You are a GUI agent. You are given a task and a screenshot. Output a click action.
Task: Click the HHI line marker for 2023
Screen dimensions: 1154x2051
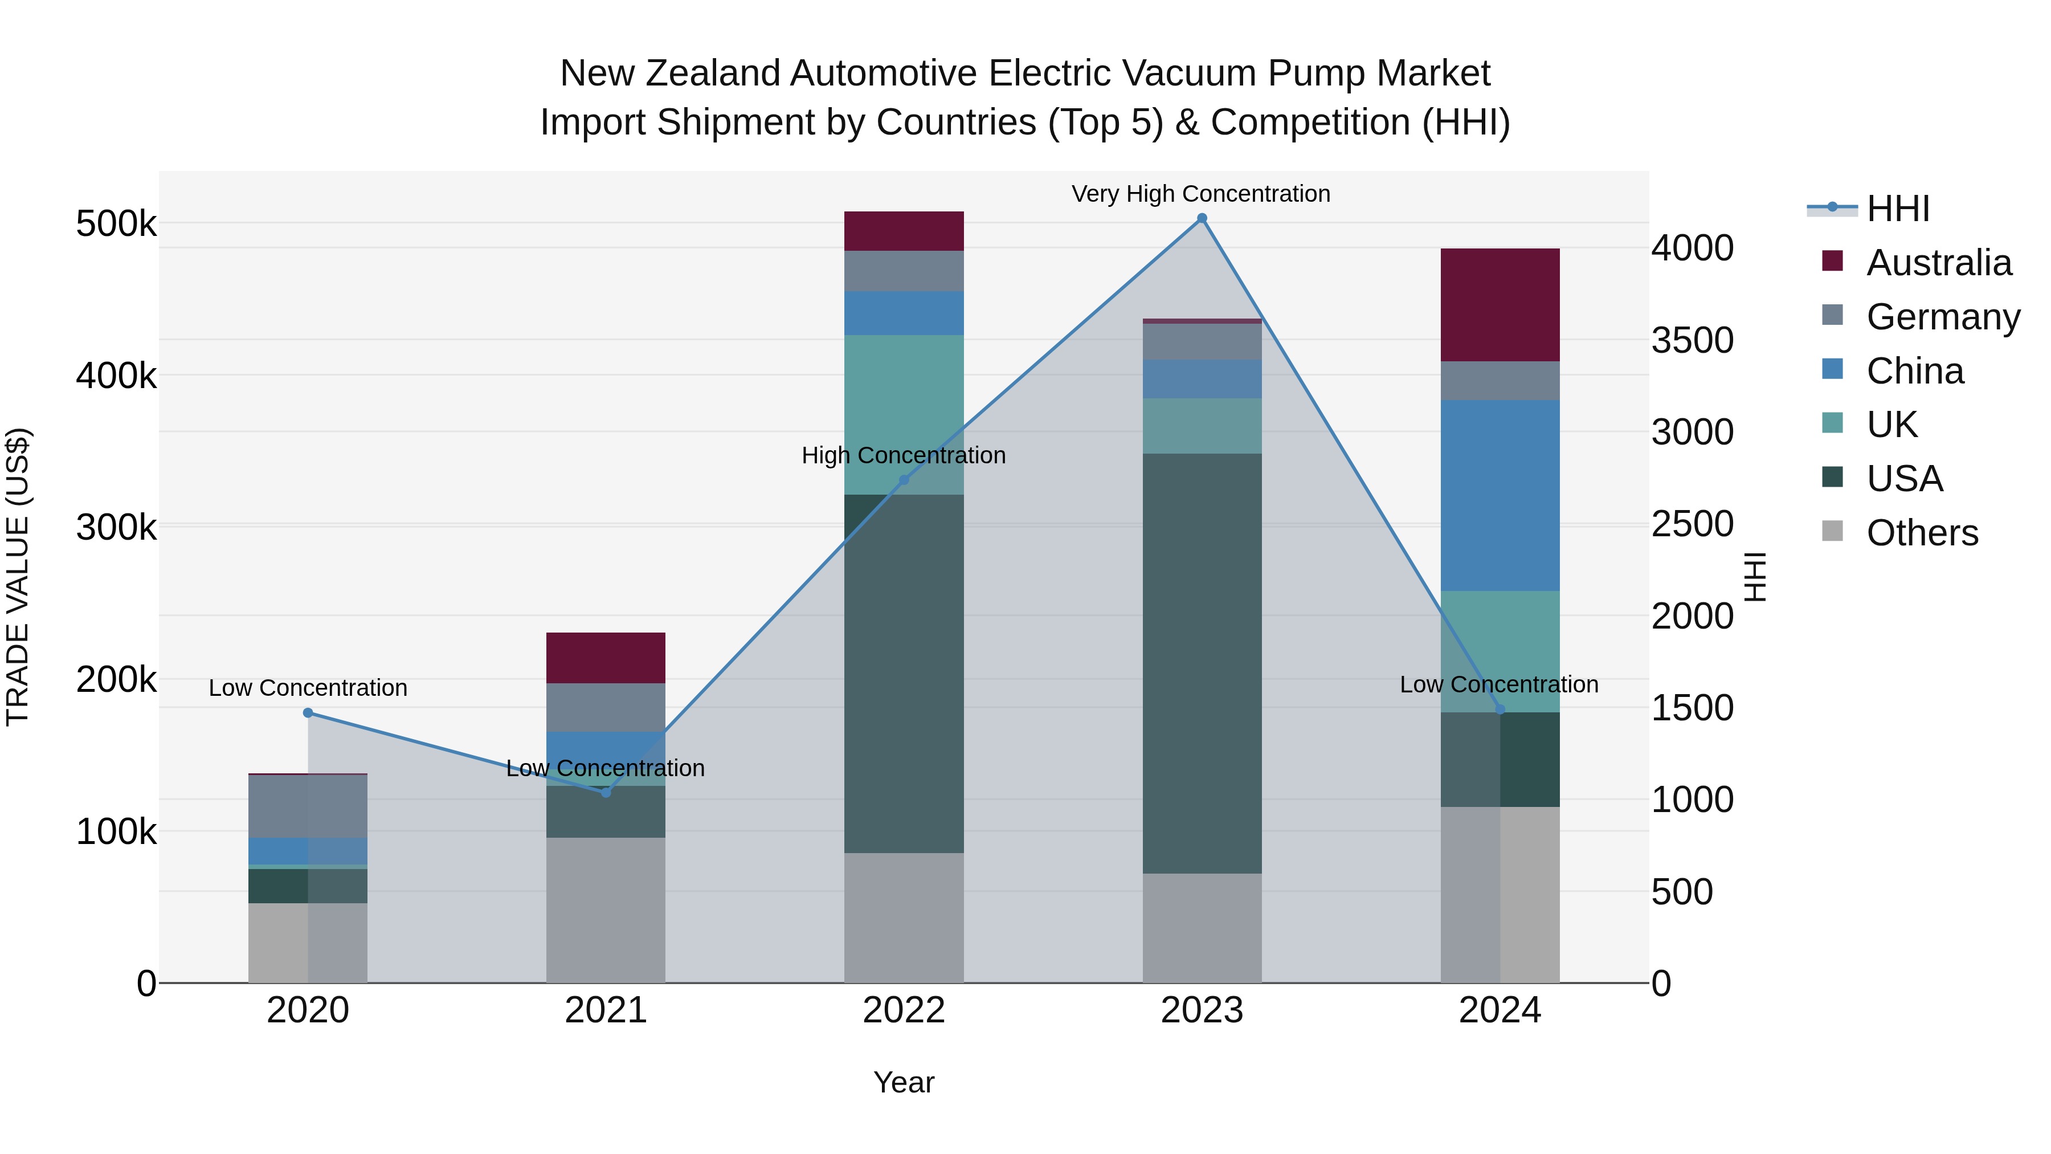(1202, 218)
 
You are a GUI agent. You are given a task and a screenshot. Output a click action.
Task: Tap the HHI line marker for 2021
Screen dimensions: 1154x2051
(606, 793)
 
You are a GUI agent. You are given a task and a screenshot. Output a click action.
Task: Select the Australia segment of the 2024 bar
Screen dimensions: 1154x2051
(1500, 305)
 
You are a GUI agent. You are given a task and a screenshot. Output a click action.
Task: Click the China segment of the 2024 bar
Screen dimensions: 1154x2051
(1500, 495)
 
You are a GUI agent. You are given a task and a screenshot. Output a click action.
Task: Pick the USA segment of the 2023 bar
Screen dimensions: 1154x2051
(1202, 663)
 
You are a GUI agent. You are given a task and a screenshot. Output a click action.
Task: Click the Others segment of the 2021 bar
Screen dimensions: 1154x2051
(606, 910)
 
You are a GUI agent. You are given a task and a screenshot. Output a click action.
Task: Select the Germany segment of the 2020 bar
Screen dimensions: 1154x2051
(308, 805)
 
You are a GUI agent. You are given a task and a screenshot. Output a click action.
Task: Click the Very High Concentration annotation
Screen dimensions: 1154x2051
(1200, 194)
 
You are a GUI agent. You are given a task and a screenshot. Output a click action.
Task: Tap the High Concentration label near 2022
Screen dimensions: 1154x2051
(903, 455)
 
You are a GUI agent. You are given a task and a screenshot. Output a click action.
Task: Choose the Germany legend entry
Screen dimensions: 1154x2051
(1943, 316)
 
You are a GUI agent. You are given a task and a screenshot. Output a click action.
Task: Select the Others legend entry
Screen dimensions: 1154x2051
(1922, 533)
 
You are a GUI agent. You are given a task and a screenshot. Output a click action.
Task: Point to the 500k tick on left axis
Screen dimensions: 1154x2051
(116, 224)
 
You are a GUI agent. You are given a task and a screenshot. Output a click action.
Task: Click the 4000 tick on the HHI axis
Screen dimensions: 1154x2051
(1692, 248)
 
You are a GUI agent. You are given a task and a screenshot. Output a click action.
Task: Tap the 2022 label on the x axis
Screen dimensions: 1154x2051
(904, 1010)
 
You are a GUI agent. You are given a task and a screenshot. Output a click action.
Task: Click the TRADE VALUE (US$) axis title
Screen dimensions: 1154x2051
(18, 577)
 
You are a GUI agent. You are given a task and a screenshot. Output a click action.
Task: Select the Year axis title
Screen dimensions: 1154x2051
(904, 1082)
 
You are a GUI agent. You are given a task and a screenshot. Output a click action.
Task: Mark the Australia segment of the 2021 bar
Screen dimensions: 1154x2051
(606, 658)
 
